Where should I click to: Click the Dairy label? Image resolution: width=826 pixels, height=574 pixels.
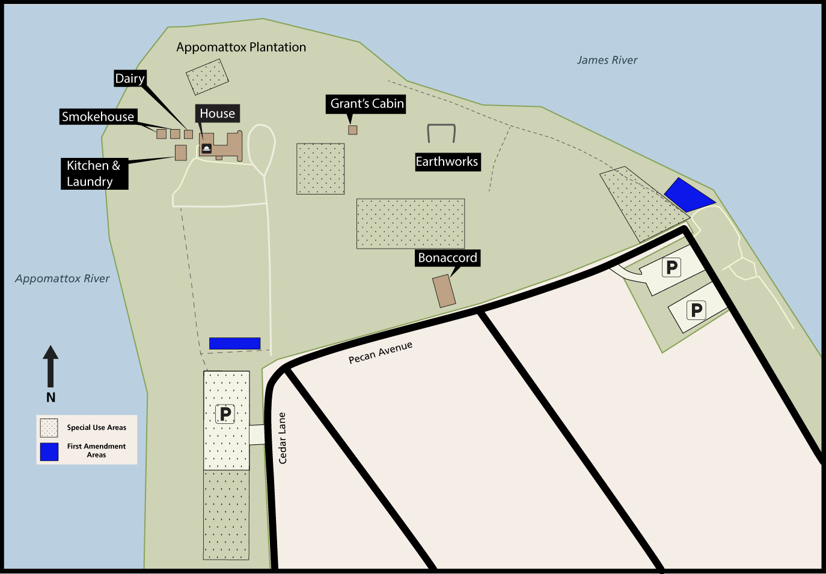(130, 79)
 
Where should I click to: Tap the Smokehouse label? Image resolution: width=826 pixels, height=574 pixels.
(98, 116)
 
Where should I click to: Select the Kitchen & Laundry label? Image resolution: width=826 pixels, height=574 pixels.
(94, 174)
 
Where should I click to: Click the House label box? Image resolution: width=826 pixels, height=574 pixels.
(217, 113)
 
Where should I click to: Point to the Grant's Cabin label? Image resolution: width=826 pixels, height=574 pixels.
(367, 104)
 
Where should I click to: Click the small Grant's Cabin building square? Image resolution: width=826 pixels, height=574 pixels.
(353, 130)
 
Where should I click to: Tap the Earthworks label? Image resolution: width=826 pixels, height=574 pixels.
(447, 162)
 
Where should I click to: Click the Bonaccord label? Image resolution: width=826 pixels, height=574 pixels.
(447, 258)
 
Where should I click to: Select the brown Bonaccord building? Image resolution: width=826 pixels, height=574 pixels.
(444, 291)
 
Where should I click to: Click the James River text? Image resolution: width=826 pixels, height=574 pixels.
(607, 60)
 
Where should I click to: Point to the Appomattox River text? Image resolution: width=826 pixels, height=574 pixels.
(63, 279)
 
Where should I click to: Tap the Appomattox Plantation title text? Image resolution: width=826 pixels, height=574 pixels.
(241, 47)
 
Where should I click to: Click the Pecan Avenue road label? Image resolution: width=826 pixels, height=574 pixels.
(381, 352)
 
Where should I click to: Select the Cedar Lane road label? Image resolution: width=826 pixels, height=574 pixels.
(283, 438)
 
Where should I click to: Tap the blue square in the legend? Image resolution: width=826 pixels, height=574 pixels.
(49, 452)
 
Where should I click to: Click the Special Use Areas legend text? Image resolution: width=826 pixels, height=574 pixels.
(97, 427)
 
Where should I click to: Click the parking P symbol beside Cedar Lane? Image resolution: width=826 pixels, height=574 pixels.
(225, 414)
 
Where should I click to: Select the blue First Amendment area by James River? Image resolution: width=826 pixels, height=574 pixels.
(689, 195)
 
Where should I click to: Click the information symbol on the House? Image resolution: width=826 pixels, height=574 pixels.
(206, 148)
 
